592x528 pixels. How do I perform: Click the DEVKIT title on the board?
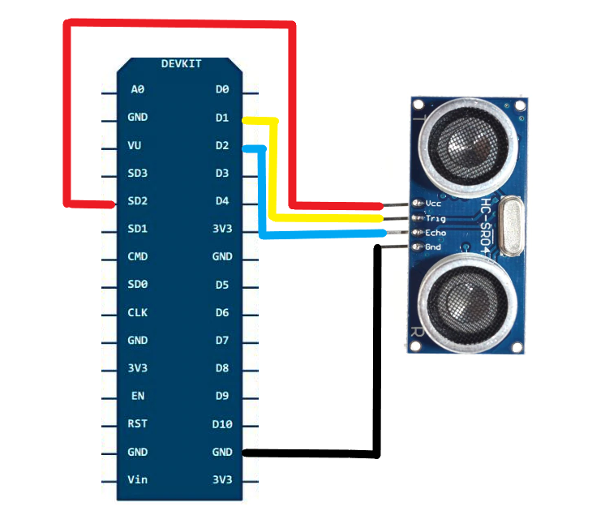click(x=181, y=63)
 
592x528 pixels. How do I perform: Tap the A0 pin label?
click(x=137, y=89)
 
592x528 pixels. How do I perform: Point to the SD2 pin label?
click(x=137, y=201)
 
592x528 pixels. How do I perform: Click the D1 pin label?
click(x=221, y=118)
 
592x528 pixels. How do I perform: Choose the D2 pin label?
click(x=221, y=145)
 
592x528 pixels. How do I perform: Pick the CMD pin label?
click(x=137, y=256)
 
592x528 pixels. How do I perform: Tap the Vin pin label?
click(x=137, y=479)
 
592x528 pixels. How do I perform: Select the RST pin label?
click(x=137, y=423)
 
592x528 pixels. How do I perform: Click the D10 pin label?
click(x=221, y=423)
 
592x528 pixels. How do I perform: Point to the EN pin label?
click(x=137, y=396)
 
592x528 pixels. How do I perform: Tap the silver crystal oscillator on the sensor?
click(x=511, y=227)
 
